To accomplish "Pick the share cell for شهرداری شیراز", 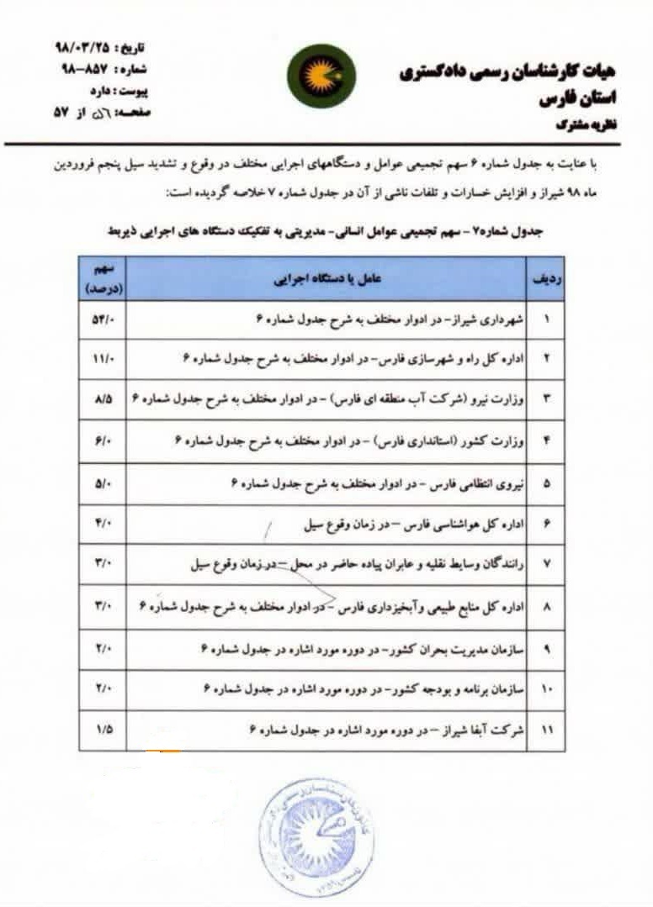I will [x=103, y=322].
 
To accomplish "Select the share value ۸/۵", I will [x=103, y=400].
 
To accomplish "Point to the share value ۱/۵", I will [x=103, y=730].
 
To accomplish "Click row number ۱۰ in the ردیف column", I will [x=546, y=689].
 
